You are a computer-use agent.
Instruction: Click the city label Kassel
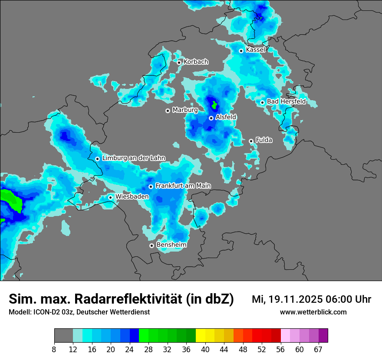point(255,50)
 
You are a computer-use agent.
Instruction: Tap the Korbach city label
point(196,62)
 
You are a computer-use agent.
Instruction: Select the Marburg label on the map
point(185,110)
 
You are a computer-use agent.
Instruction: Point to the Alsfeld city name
point(226,117)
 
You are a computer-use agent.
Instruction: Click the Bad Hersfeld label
point(286,101)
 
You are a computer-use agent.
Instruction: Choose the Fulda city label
point(264,140)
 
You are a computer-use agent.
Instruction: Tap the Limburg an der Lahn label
point(134,158)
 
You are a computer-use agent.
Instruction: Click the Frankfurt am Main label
point(183,186)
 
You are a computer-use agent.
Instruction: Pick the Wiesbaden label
point(132,196)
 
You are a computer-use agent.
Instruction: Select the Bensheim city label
point(171,245)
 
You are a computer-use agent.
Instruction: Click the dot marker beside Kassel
point(241,51)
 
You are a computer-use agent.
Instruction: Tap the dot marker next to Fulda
point(251,141)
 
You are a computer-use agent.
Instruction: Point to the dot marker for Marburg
point(168,111)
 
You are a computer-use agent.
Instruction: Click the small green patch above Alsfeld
point(214,105)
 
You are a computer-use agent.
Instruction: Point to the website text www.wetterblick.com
point(313,312)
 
